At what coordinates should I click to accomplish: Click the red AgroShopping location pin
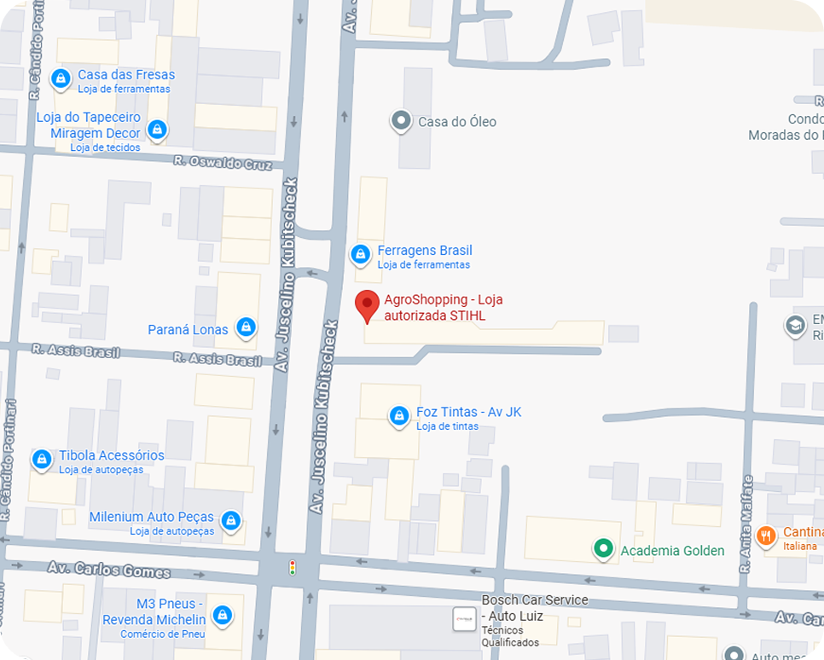click(367, 305)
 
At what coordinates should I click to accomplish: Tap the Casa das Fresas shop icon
click(61, 79)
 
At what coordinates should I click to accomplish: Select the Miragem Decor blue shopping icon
click(156, 130)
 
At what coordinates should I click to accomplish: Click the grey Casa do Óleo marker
click(400, 121)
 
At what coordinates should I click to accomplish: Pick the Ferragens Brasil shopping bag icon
click(361, 254)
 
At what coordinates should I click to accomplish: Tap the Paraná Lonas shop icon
click(247, 327)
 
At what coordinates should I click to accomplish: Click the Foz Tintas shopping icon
click(398, 415)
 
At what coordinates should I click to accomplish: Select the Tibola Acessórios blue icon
click(42, 460)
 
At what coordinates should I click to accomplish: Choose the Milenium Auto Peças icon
click(229, 520)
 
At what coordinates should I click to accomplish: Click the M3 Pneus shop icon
click(223, 614)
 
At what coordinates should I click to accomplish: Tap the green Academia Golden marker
click(604, 548)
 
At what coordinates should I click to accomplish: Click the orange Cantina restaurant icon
click(766, 535)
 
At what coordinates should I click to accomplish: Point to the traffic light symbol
click(293, 567)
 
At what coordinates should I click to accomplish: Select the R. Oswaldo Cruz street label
click(222, 162)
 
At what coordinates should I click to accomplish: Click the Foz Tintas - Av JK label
click(468, 413)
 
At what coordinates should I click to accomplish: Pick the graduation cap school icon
click(795, 325)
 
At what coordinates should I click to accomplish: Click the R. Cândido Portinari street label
click(9, 460)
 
